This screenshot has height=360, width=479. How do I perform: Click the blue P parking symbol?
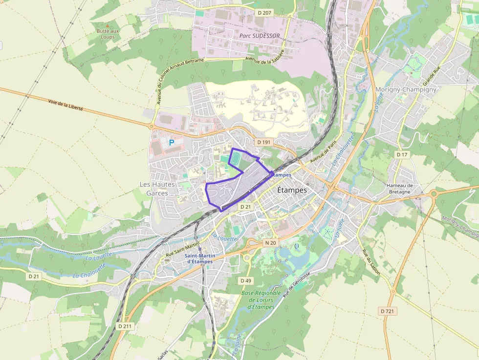click(171, 143)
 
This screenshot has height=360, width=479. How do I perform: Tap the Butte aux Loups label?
click(108, 34)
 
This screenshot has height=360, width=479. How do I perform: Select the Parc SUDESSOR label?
click(260, 36)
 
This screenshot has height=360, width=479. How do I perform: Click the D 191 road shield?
click(263, 142)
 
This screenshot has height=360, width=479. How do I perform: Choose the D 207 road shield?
click(263, 13)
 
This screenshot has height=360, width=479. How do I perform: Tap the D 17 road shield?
click(402, 154)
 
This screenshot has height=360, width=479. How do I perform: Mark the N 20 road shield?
click(270, 242)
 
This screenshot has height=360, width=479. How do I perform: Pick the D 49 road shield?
click(246, 280)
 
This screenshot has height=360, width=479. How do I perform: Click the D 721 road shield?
click(387, 311)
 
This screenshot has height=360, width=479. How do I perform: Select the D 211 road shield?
click(125, 326)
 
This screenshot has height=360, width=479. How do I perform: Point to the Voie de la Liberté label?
click(65, 105)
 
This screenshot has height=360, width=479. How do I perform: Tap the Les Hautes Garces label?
click(157, 189)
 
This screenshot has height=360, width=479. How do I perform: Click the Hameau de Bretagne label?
click(400, 189)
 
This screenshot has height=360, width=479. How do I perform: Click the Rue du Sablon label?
click(371, 262)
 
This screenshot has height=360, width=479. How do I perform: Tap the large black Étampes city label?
click(292, 190)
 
